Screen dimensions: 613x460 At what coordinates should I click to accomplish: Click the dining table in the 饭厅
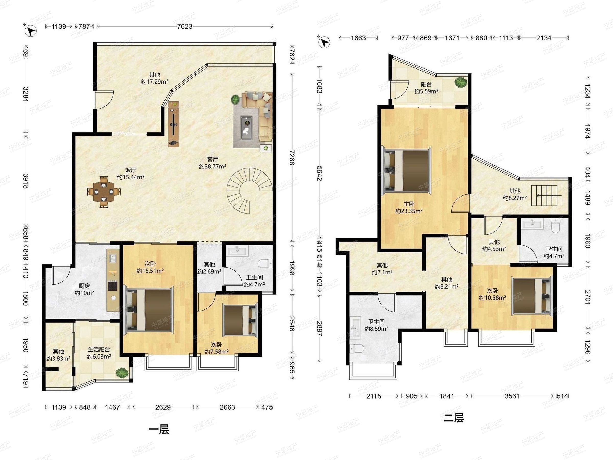pos(104,192)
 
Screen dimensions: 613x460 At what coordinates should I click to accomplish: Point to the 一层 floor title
pos(159,430)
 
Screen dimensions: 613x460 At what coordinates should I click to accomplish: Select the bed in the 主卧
pos(407,171)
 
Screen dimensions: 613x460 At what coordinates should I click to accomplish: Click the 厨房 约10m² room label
pos(84,289)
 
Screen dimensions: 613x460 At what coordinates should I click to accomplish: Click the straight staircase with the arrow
pos(547,195)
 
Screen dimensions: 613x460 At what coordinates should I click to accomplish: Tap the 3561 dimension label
pos(512,396)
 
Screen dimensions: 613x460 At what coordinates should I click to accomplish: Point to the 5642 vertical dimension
pos(320,173)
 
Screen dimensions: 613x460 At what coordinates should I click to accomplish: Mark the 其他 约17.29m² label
pos(155,78)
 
